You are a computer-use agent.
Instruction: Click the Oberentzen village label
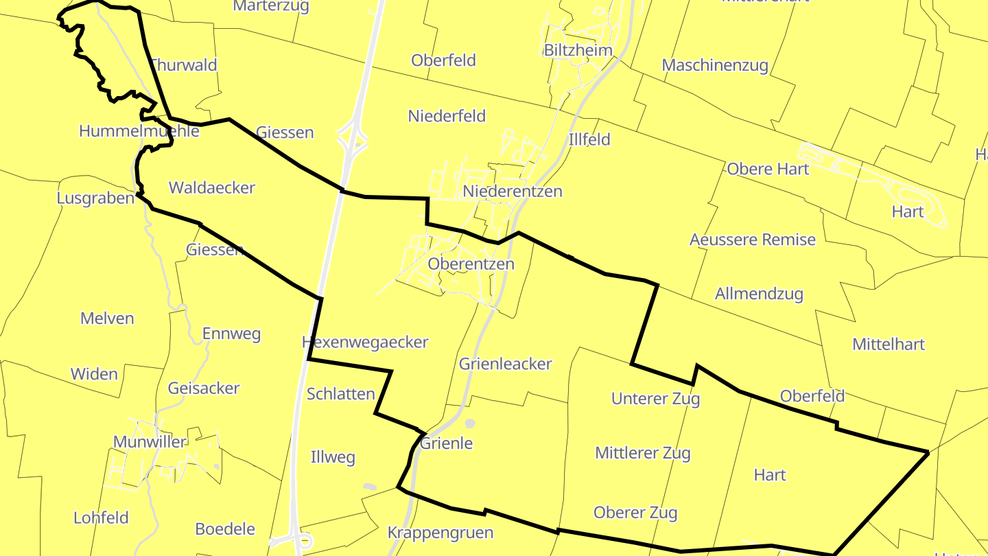pyautogui.click(x=471, y=264)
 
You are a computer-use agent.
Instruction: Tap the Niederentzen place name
pyautogui.click(x=513, y=192)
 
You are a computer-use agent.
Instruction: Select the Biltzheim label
pyautogui.click(x=578, y=50)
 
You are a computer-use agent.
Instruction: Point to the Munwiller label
pyautogui.click(x=150, y=442)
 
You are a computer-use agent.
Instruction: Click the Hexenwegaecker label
pyautogui.click(x=365, y=342)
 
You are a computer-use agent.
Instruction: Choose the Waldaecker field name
pyautogui.click(x=212, y=187)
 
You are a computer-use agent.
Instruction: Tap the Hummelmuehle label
pyautogui.click(x=139, y=131)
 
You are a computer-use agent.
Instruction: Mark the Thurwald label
pyautogui.click(x=183, y=65)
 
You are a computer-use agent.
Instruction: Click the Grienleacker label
pyautogui.click(x=505, y=364)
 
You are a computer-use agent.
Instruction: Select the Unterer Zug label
pyautogui.click(x=655, y=398)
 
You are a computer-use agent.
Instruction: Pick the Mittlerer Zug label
pyautogui.click(x=643, y=453)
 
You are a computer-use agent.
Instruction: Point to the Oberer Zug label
pyautogui.click(x=635, y=513)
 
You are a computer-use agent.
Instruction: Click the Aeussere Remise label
pyautogui.click(x=753, y=240)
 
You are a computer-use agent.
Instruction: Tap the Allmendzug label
pyautogui.click(x=759, y=294)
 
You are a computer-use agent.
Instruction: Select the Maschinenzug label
pyautogui.click(x=715, y=65)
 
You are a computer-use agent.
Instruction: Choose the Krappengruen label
pyautogui.click(x=440, y=533)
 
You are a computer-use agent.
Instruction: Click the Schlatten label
pyautogui.click(x=341, y=394)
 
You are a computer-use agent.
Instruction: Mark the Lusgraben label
pyautogui.click(x=96, y=198)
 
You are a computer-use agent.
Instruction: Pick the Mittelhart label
pyautogui.click(x=889, y=344)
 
